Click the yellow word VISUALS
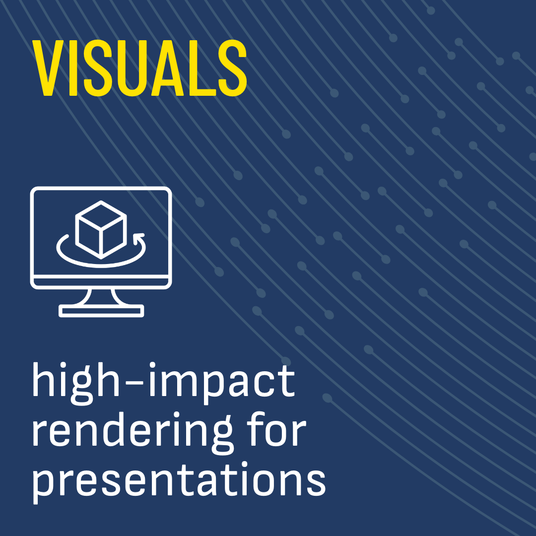pos(139,67)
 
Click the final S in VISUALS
pos(232,67)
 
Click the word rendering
pos(132,433)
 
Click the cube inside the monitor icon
pos(101,230)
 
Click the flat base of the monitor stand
pos(101,311)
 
